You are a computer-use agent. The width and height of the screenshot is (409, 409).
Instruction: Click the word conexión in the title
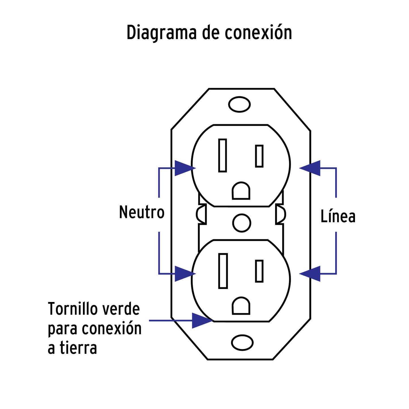[258, 33]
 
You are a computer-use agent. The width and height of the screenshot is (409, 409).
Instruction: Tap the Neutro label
[142, 212]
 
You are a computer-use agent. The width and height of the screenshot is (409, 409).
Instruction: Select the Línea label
[338, 217]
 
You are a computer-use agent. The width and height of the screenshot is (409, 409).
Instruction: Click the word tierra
[78, 348]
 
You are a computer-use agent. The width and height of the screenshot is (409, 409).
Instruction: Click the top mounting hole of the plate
[239, 104]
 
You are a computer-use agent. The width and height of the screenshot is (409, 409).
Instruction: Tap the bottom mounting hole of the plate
[242, 342]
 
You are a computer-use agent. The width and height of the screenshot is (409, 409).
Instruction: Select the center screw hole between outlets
[241, 223]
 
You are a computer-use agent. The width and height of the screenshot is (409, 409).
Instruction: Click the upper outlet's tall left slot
[222, 155]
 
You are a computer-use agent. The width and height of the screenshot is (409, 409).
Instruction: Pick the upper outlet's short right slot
[259, 156]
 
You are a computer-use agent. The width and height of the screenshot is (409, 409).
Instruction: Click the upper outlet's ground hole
[241, 191]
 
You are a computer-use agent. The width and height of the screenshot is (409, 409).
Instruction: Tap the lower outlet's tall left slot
[223, 271]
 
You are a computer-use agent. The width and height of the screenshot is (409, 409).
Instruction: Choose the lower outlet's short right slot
[259, 271]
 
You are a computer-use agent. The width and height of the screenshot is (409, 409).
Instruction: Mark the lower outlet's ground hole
[241, 306]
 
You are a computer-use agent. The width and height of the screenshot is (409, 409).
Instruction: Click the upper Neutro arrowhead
[184, 168]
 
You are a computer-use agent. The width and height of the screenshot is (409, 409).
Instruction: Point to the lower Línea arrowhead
[311, 274]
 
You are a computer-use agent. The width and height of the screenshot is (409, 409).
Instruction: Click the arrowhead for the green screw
[202, 320]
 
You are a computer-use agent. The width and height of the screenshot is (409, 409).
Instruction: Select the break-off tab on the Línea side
[280, 214]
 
